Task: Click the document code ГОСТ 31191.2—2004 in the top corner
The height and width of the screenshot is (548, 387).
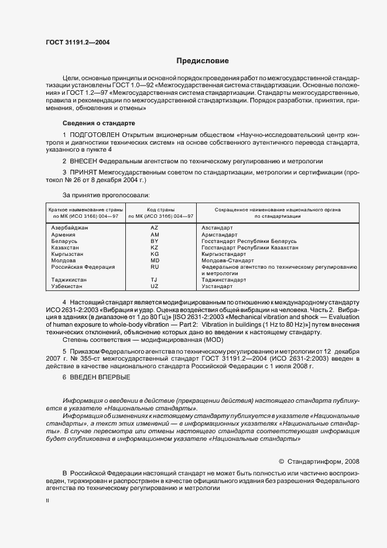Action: pos(78,42)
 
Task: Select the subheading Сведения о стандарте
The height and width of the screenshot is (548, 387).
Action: pos(99,124)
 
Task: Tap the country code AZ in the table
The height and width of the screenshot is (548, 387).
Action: pos(155,227)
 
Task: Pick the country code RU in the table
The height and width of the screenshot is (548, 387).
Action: pos(155,267)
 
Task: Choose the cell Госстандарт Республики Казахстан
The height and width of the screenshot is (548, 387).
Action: pos(249,247)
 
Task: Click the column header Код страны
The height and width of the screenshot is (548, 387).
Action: pos(155,209)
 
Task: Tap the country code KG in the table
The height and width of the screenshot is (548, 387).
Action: pos(155,254)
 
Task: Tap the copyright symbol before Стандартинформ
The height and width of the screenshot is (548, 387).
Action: pos(281,461)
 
